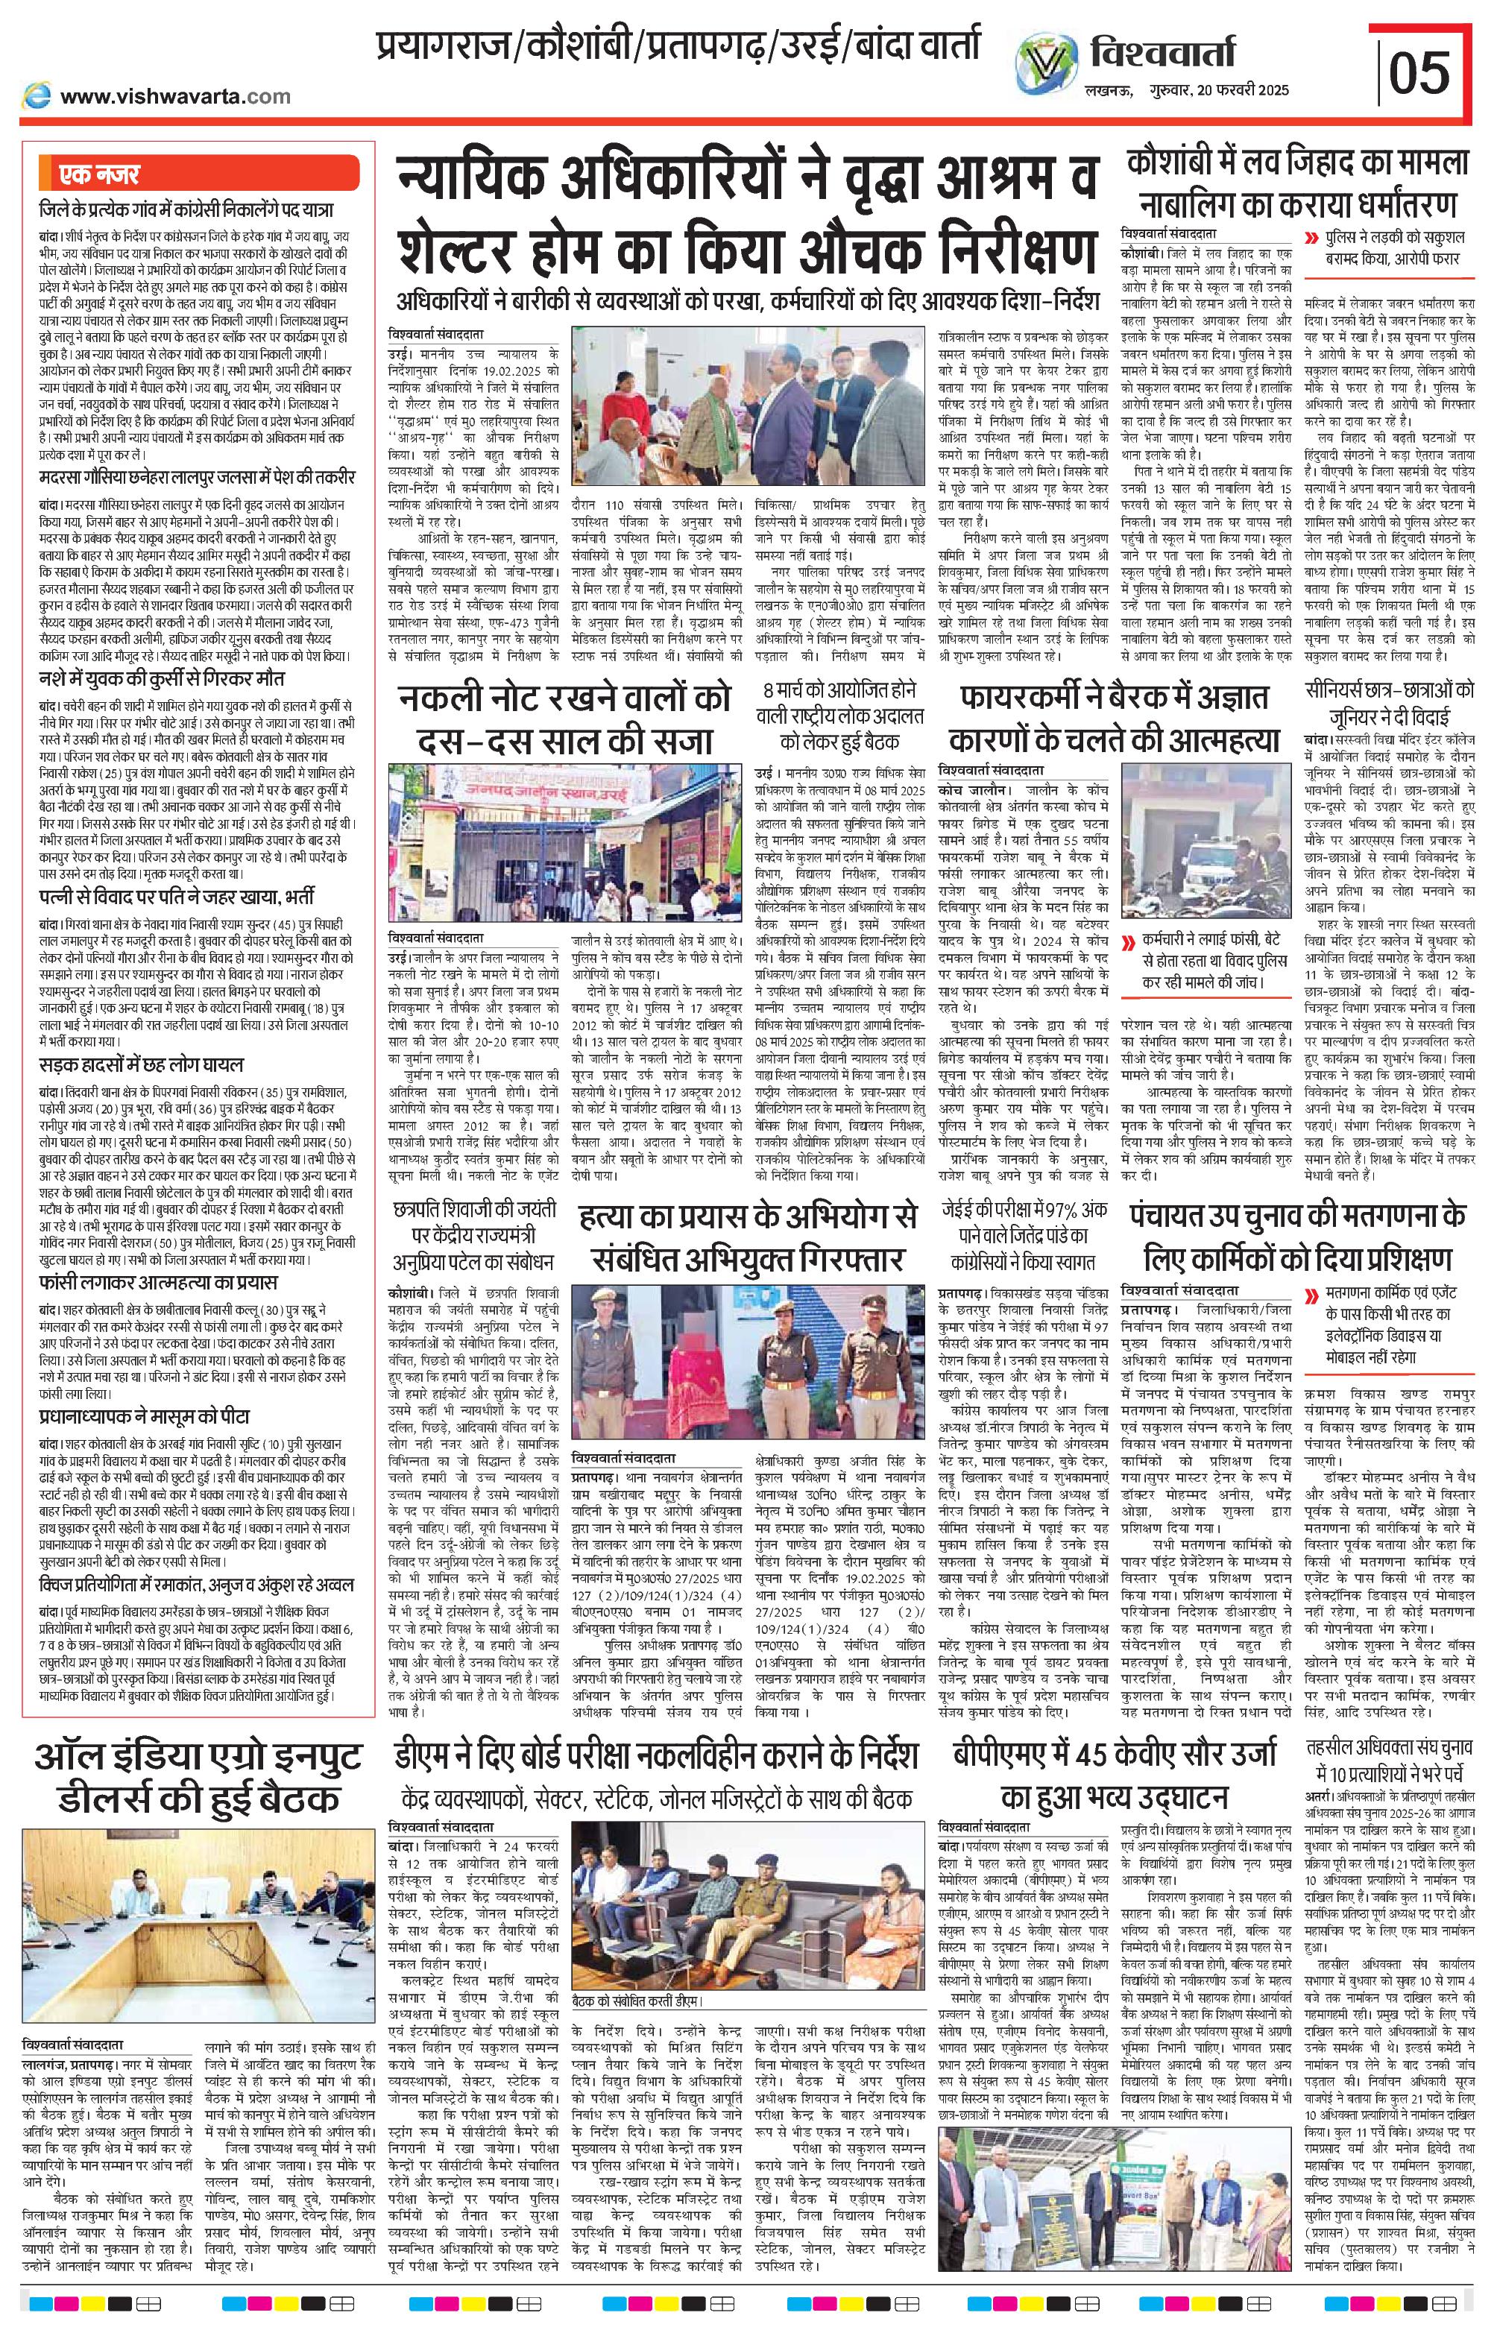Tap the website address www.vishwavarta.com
click(x=175, y=96)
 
